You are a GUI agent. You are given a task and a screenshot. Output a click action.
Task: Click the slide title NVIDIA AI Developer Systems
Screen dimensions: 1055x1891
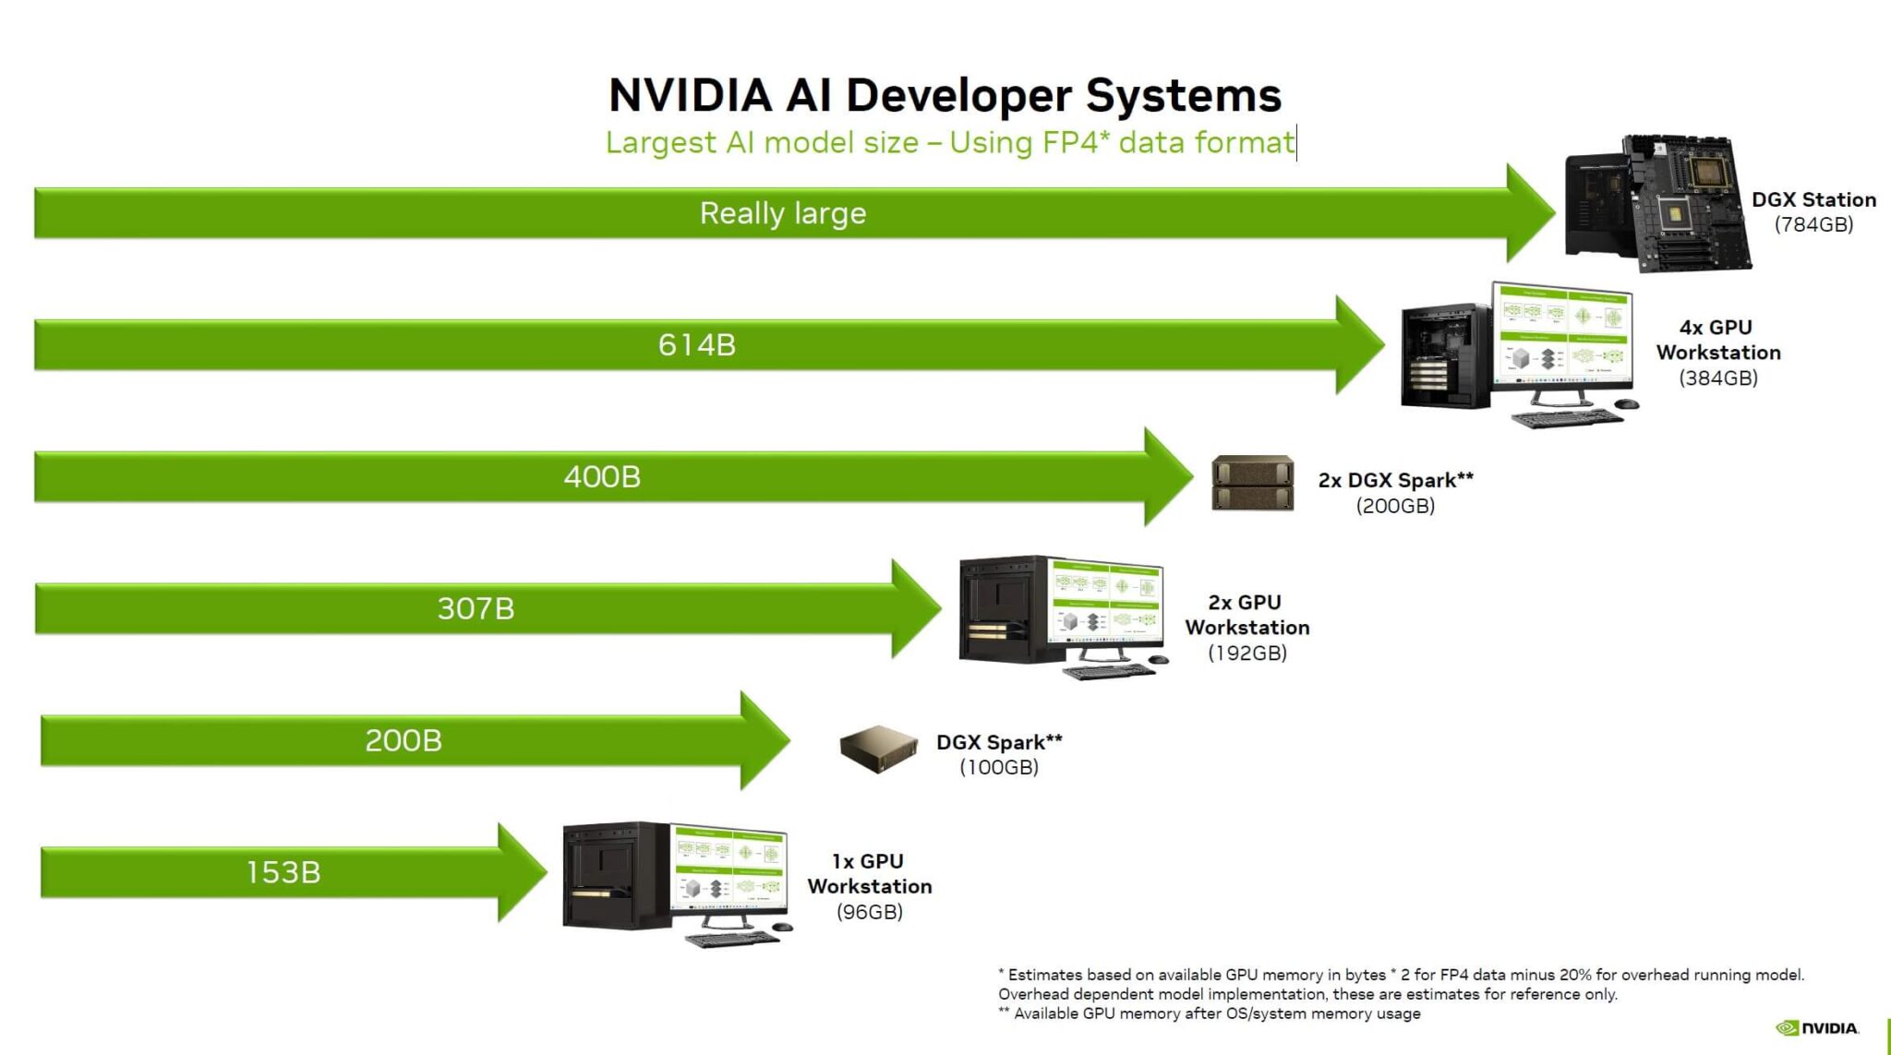coord(945,95)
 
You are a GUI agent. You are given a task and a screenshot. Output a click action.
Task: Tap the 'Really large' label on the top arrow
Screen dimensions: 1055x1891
coord(783,213)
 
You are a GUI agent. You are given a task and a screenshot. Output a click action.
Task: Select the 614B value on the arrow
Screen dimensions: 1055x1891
coord(696,345)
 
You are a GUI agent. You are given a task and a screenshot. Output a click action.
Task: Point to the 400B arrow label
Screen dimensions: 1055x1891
coord(602,477)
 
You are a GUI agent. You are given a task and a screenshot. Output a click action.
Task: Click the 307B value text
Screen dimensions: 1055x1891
coord(476,609)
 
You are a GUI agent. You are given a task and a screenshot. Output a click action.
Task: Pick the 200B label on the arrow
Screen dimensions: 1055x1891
coord(403,740)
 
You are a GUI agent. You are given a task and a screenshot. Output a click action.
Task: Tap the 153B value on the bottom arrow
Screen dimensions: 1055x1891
coord(283,872)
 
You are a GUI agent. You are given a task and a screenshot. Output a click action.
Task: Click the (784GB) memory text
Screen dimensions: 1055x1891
coord(1813,224)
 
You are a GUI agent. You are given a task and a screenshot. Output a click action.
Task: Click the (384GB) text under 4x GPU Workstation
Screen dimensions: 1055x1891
coord(1717,378)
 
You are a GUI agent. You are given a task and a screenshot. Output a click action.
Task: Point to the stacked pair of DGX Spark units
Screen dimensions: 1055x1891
coord(1252,484)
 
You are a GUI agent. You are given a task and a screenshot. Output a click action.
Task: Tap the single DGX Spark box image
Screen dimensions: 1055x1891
coord(878,748)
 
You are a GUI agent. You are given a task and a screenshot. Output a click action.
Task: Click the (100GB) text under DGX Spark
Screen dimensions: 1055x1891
coord(999,767)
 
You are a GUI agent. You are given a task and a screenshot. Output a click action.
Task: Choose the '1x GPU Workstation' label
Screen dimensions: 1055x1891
coord(869,873)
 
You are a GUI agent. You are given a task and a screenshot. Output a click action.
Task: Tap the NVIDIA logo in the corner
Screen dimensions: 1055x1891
coord(1817,1028)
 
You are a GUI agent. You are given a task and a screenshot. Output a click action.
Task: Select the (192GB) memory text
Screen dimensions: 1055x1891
coord(1247,653)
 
